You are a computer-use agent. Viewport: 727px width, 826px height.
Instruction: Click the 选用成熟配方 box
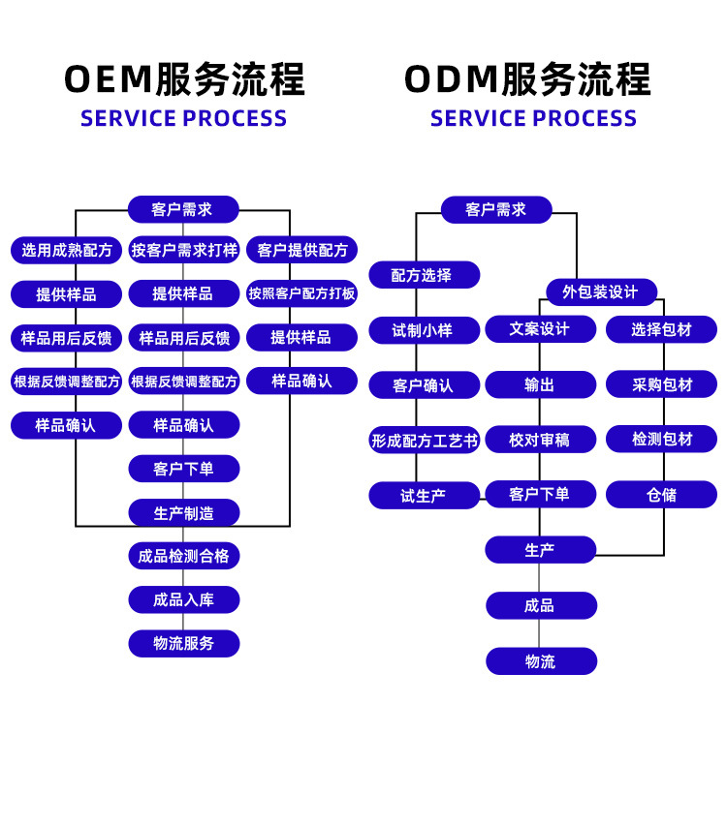click(x=67, y=250)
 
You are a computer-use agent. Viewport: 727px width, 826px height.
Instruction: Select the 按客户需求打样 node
click(x=184, y=250)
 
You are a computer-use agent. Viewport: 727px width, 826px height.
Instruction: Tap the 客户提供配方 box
click(x=301, y=250)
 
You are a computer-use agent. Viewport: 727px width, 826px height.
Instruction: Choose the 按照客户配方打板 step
click(x=301, y=293)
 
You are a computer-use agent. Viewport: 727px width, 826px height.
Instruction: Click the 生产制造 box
click(x=184, y=513)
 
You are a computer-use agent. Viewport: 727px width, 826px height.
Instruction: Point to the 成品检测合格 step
click(x=184, y=557)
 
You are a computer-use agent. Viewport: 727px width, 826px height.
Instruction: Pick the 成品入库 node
click(x=184, y=600)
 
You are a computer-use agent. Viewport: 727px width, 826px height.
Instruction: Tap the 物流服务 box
click(x=184, y=644)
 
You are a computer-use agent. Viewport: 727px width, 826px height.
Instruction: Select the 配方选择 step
click(x=424, y=275)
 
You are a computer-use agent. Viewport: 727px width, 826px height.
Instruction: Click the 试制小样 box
click(x=424, y=330)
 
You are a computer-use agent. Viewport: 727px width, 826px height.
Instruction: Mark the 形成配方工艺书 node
click(x=424, y=441)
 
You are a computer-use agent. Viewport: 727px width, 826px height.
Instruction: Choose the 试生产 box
click(x=424, y=496)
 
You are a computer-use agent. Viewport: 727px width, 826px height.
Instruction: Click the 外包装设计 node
click(x=601, y=291)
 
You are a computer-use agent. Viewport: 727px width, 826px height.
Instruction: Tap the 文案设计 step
click(x=541, y=329)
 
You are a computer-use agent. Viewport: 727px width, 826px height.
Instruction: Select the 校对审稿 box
click(x=541, y=440)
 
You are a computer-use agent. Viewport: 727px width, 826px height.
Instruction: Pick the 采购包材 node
click(x=662, y=384)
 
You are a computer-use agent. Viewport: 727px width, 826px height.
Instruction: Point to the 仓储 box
click(x=662, y=495)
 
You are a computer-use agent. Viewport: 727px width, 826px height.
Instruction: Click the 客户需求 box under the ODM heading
click(x=496, y=210)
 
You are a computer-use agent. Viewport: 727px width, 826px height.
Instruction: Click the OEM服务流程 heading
click(x=184, y=79)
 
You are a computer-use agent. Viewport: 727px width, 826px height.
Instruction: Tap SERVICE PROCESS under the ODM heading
click(x=533, y=119)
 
